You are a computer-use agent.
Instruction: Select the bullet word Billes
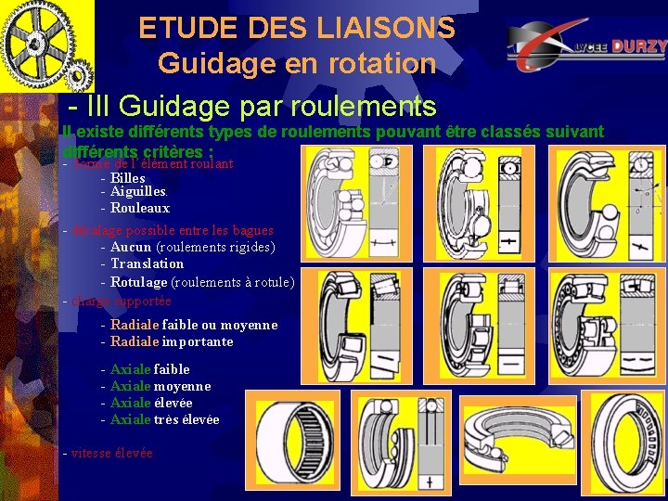[x=127, y=177]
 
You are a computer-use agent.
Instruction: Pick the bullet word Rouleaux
[x=140, y=208]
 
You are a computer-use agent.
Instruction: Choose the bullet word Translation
[x=147, y=263]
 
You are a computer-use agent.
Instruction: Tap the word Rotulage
[x=139, y=282]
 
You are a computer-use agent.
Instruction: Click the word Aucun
[x=131, y=247]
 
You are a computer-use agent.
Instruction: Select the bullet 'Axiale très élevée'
[x=164, y=419]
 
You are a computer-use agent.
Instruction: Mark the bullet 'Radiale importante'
[x=172, y=341]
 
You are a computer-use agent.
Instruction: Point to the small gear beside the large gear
[x=79, y=71]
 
